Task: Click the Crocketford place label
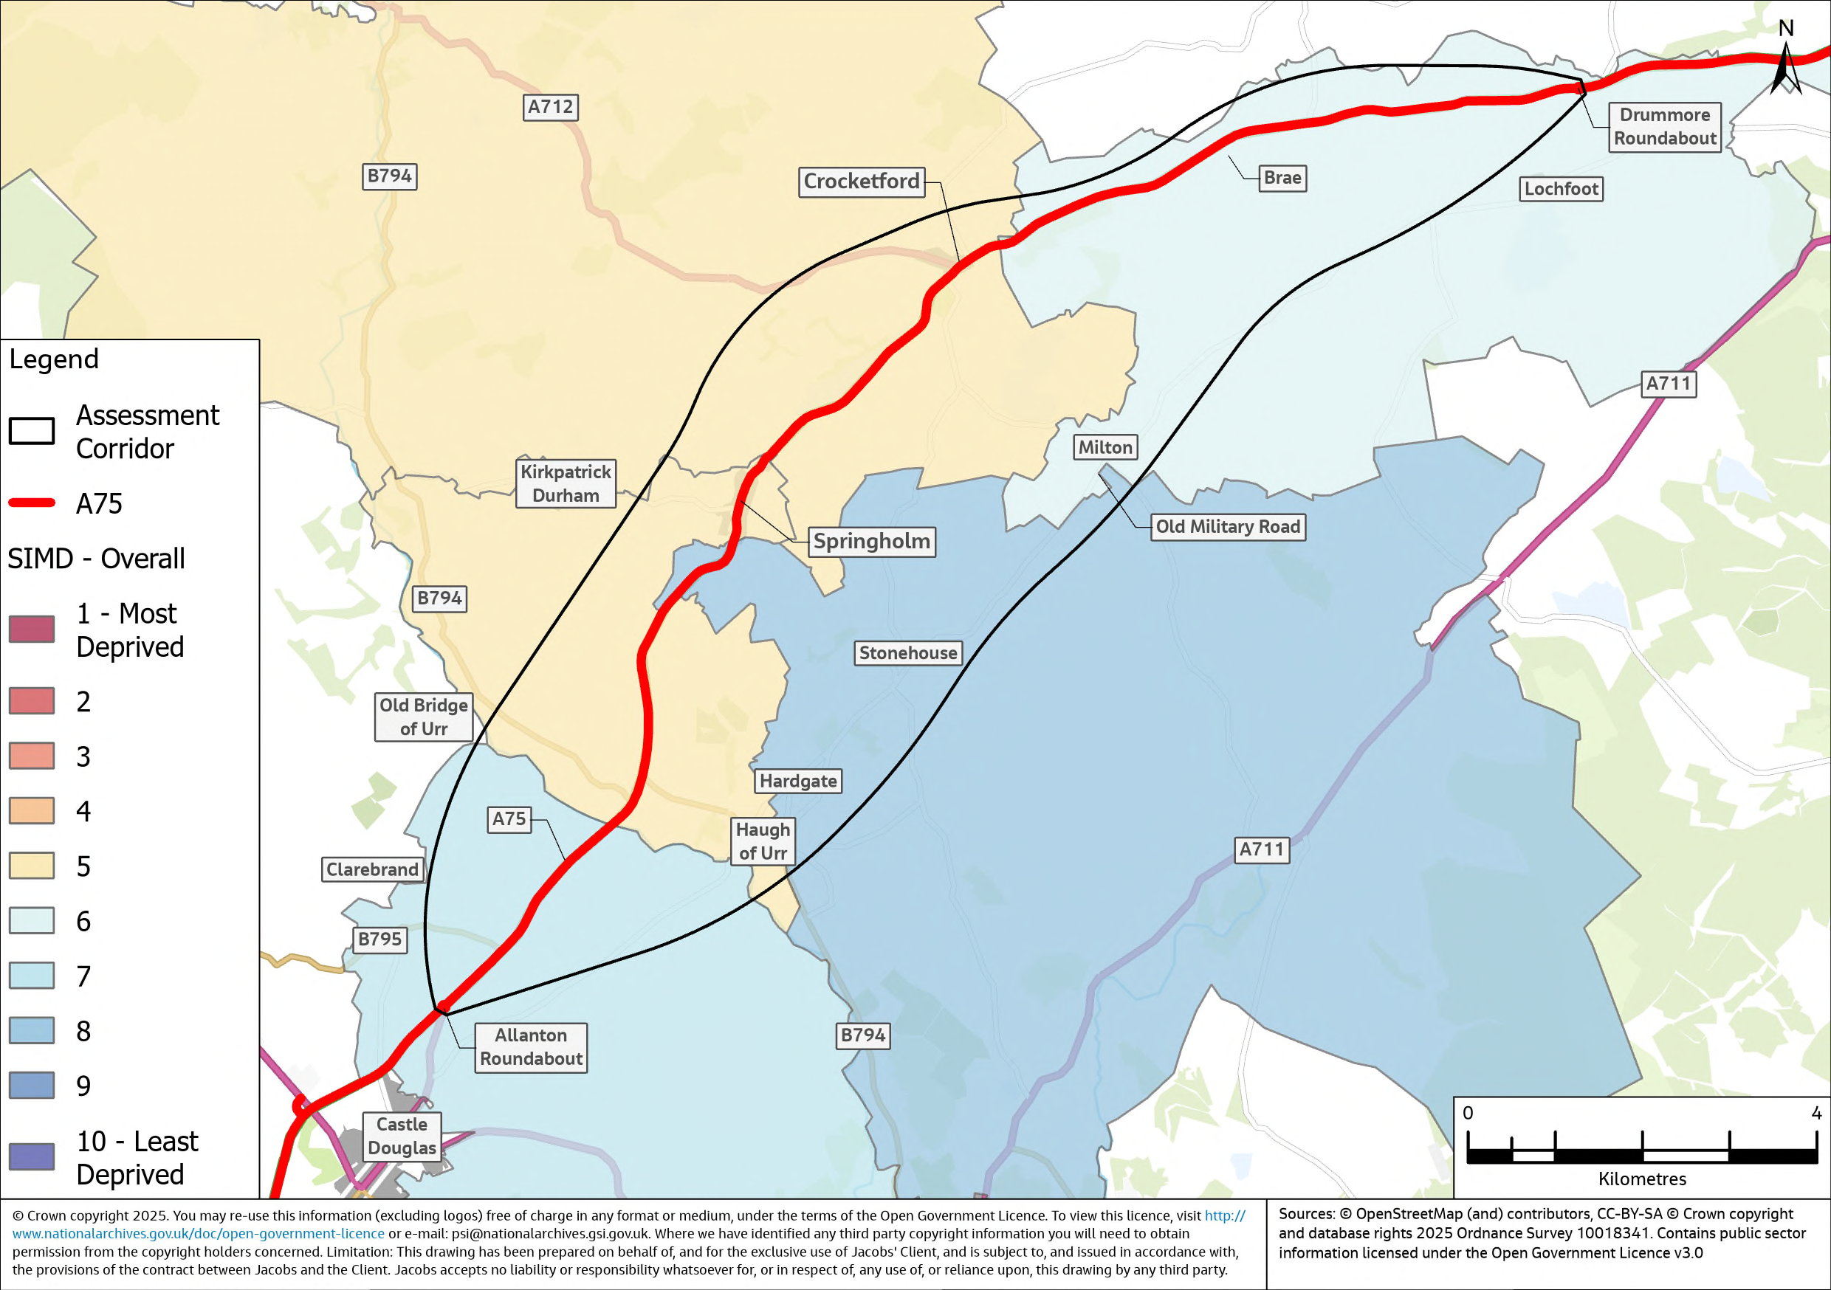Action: coord(862,182)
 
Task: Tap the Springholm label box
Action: coord(872,542)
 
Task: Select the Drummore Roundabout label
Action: coord(1664,127)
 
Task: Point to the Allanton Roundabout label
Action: coord(531,1046)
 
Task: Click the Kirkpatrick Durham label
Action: coord(566,483)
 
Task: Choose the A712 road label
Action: coord(550,107)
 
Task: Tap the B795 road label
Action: coord(379,939)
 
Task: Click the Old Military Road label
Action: coord(1227,527)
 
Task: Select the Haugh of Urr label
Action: coord(763,841)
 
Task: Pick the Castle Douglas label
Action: coord(402,1135)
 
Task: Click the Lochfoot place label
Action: coord(1561,189)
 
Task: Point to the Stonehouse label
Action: coord(907,653)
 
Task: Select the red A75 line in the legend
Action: coord(32,503)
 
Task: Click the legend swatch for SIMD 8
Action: coord(32,1030)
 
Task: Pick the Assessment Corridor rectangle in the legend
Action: coord(32,430)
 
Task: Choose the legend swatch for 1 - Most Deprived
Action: coord(32,629)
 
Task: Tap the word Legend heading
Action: coord(53,359)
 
